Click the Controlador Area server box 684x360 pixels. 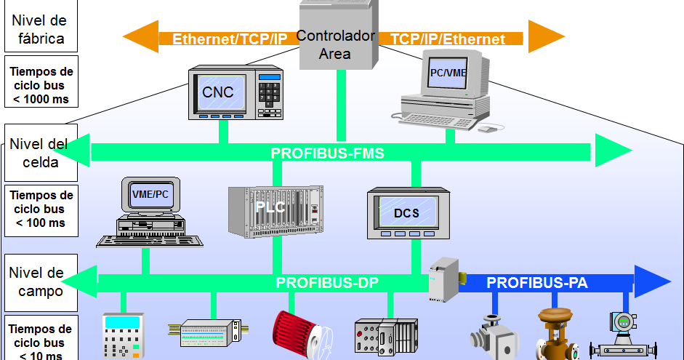point(336,36)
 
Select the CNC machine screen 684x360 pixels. point(218,92)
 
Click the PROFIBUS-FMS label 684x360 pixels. point(327,153)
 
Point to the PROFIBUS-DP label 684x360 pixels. point(327,283)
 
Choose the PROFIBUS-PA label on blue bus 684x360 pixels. point(536,283)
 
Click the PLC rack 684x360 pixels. point(275,212)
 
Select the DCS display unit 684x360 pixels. point(406,213)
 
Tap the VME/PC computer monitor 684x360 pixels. point(150,195)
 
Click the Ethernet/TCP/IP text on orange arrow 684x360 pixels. point(230,39)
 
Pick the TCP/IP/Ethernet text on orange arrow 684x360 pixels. point(448,39)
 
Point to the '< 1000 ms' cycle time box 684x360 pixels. point(42,86)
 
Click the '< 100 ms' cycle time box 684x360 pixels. point(42,209)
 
